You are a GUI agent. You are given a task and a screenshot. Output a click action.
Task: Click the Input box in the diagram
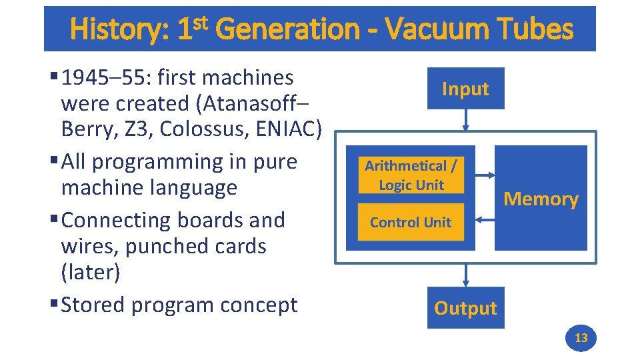point(465,89)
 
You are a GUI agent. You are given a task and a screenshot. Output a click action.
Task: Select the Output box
point(465,308)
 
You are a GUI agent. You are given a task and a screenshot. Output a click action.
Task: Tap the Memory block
point(541,199)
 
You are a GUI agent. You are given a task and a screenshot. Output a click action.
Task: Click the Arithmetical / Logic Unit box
point(411,175)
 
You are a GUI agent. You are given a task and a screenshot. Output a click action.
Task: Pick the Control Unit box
point(411,223)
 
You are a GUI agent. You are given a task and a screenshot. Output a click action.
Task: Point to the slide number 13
point(581,338)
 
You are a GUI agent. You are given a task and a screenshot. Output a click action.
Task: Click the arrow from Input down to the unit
point(466,119)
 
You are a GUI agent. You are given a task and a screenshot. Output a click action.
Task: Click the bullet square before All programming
point(53,162)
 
